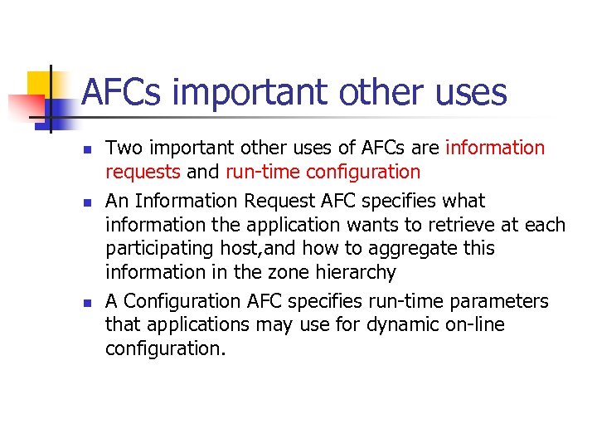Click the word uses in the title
pyautogui.click(x=468, y=93)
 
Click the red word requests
pyautogui.click(x=143, y=172)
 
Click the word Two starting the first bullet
pyautogui.click(x=124, y=149)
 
